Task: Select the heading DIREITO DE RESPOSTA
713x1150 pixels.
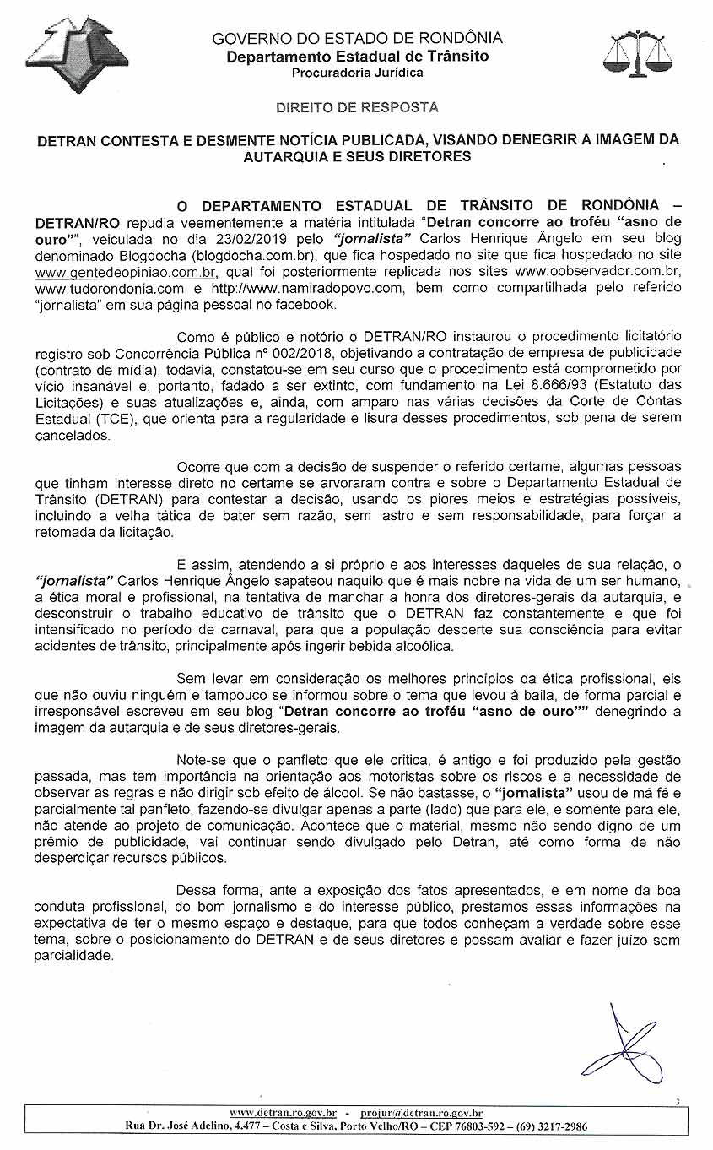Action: (357, 108)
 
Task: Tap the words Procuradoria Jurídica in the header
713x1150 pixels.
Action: (357, 73)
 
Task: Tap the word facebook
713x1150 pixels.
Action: (308, 304)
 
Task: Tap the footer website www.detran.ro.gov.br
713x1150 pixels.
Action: (284, 1113)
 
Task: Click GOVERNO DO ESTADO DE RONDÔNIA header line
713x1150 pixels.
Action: (357, 38)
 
